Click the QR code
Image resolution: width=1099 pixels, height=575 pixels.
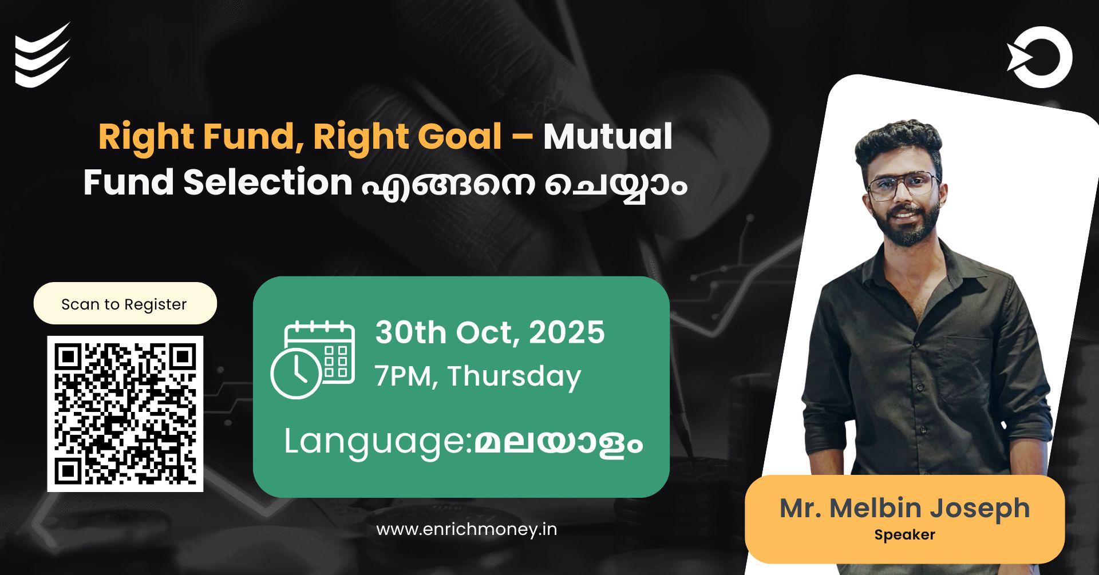125,413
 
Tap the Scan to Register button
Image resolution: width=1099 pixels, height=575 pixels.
125,304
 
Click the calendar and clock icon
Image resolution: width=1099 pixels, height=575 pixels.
313,359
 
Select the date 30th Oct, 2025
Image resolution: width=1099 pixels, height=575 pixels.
489,332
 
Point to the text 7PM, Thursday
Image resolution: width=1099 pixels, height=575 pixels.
478,376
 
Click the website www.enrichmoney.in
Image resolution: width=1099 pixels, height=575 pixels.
466,529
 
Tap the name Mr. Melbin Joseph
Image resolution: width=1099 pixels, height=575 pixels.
904,508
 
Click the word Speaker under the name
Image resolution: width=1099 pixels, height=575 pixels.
904,535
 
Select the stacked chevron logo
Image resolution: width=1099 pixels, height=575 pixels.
42,55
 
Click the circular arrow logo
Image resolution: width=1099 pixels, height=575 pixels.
1040,57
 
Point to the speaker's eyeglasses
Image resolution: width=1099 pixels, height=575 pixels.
903,186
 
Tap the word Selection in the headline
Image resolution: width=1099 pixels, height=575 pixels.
267,183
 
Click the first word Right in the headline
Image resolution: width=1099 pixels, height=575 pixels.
145,137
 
